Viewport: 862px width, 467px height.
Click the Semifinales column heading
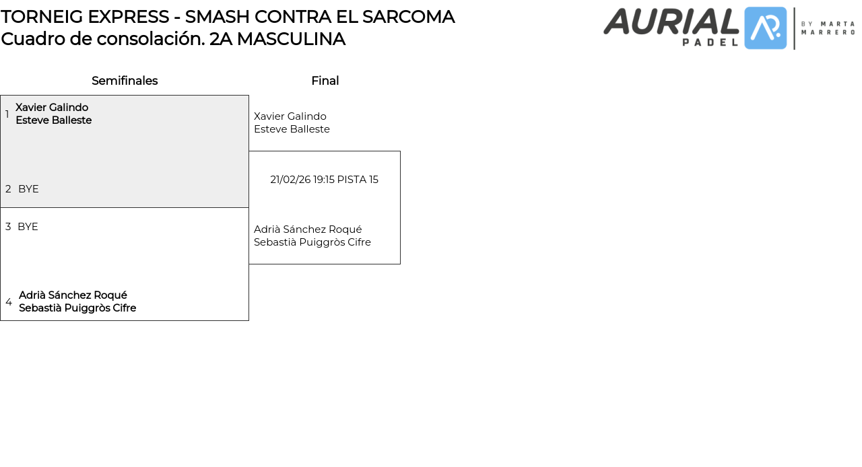click(x=125, y=81)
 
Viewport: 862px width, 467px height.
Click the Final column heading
click(x=325, y=81)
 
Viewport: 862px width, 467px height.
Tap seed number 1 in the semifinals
click(x=7, y=114)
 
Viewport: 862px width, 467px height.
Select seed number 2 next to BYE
click(x=8, y=189)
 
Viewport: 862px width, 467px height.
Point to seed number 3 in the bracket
click(x=8, y=227)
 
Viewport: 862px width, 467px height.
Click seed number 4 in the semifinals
click(x=9, y=302)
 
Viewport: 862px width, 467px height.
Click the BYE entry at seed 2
click(x=28, y=189)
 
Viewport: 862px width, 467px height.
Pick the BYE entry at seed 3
click(x=28, y=227)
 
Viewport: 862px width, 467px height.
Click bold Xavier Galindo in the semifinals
click(x=52, y=108)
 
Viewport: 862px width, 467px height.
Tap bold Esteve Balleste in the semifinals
click(x=53, y=120)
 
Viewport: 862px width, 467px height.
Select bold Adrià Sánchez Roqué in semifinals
click(x=73, y=295)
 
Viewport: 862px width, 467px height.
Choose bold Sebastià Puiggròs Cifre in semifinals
click(x=77, y=308)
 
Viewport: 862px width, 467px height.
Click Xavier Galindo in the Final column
click(x=290, y=116)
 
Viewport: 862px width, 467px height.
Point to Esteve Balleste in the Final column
click(x=292, y=129)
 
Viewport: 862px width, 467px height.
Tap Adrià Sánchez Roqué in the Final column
click(x=308, y=229)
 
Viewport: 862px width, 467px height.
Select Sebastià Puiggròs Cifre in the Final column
click(x=312, y=242)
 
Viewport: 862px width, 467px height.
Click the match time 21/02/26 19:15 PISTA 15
click(x=324, y=180)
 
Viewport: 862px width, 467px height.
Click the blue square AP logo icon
click(x=766, y=28)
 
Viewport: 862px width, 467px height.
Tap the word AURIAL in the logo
click(x=671, y=22)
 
